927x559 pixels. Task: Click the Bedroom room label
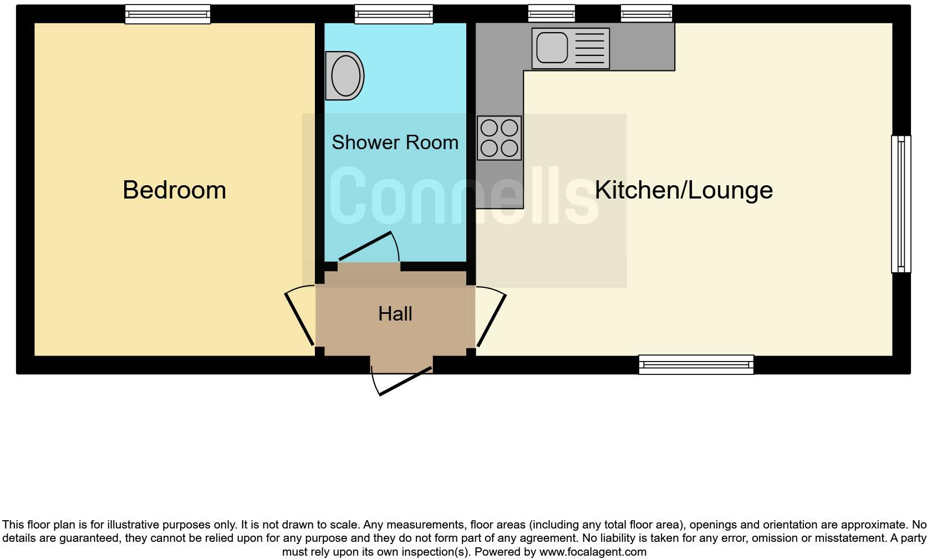pyautogui.click(x=174, y=190)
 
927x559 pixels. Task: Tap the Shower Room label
pyautogui.click(x=395, y=143)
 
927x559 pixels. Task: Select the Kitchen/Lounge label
pyautogui.click(x=684, y=190)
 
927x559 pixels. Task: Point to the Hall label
pyautogui.click(x=395, y=314)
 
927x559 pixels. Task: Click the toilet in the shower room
pyautogui.click(x=344, y=76)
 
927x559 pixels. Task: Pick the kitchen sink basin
pyautogui.click(x=552, y=48)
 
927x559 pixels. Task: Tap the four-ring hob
pyautogui.click(x=499, y=138)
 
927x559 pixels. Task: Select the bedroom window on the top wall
pyautogui.click(x=167, y=14)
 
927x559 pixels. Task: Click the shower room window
pyautogui.click(x=394, y=14)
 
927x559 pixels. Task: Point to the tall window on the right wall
pyautogui.click(x=901, y=204)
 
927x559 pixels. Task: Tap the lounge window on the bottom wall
pyautogui.click(x=696, y=364)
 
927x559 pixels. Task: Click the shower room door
pyautogui.click(x=368, y=246)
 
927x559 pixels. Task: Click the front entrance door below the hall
pyautogui.click(x=405, y=381)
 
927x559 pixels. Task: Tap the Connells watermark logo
pyautogui.click(x=464, y=197)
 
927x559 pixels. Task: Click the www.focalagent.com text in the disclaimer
pyautogui.click(x=593, y=552)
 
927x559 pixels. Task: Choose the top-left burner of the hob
pyautogui.click(x=489, y=128)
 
